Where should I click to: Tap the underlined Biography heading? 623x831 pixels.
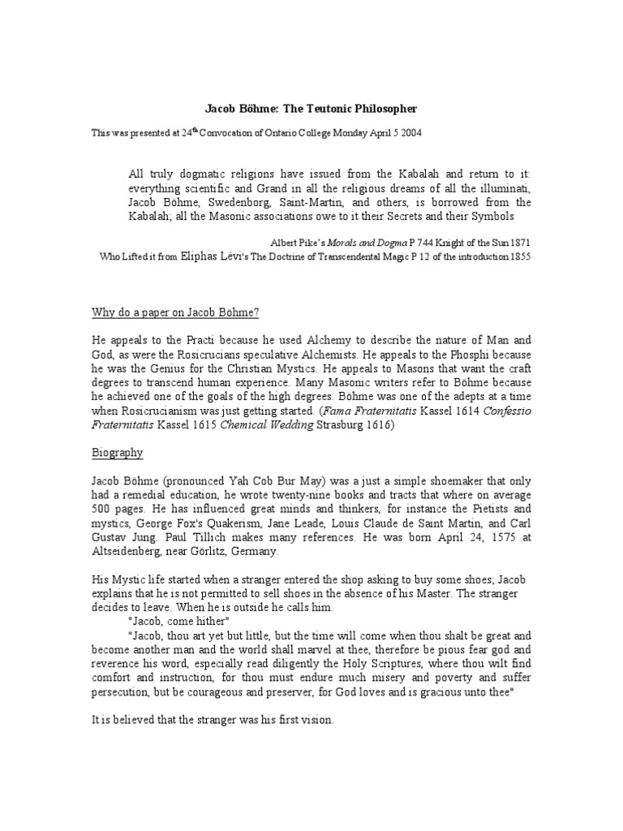coord(117,452)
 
